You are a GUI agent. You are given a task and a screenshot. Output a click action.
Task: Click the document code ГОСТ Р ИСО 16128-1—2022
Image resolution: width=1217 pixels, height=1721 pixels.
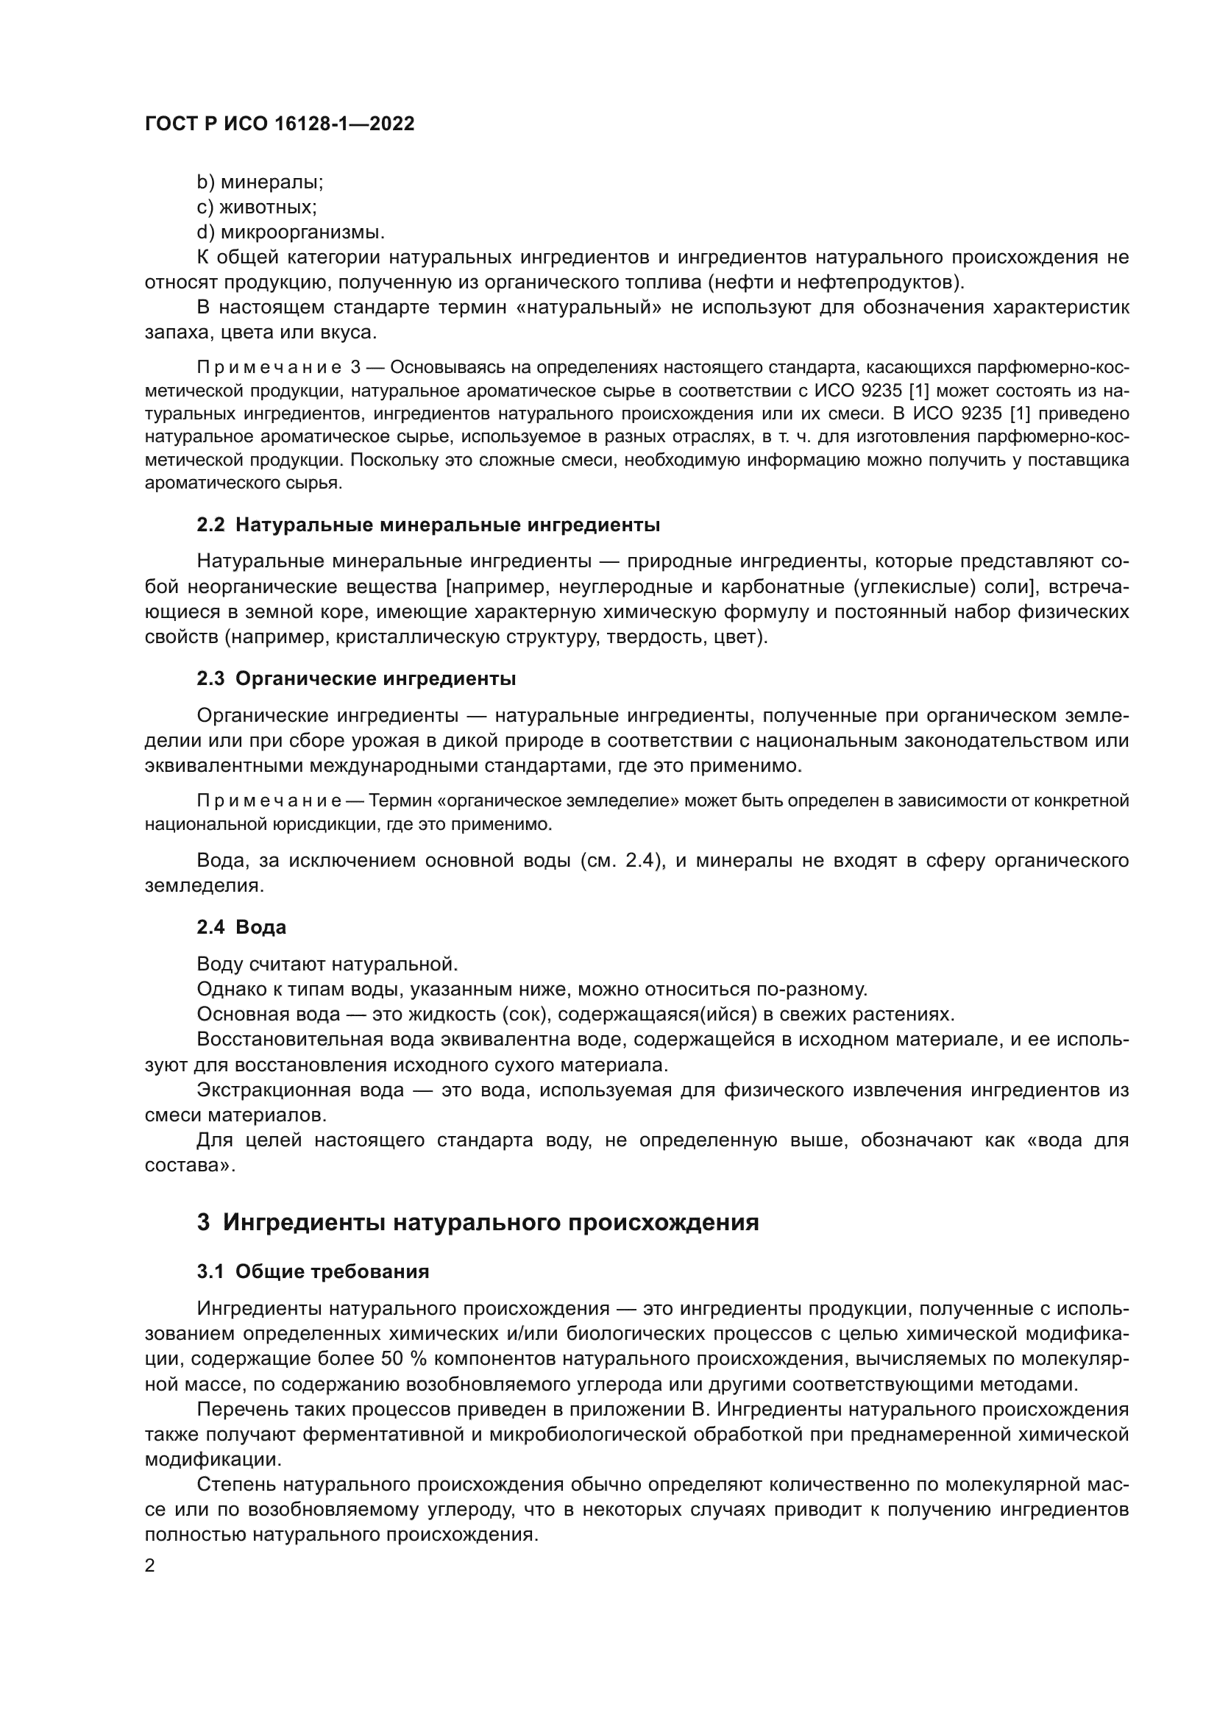pos(280,124)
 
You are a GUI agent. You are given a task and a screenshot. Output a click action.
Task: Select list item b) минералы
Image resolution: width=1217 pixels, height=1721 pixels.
pos(260,182)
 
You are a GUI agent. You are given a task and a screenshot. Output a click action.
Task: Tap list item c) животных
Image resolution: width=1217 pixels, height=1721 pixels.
pos(256,207)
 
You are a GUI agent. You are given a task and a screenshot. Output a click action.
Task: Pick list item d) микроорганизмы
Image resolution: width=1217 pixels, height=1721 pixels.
pos(291,233)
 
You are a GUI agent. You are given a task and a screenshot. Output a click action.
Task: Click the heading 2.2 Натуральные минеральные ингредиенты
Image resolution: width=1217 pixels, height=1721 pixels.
pos(428,525)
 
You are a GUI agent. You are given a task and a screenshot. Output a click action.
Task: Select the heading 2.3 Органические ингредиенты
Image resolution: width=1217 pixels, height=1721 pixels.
pos(356,679)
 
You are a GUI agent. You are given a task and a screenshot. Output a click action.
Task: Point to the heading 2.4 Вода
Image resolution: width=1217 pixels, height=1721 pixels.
pos(241,928)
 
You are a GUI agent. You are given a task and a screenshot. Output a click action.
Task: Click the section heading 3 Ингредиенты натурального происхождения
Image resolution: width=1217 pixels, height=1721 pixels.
pos(478,1223)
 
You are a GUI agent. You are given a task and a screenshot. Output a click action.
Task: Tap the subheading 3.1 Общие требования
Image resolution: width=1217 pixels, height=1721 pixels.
pos(313,1272)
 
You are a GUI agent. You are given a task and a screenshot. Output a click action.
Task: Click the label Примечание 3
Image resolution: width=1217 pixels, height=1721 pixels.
pos(279,368)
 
